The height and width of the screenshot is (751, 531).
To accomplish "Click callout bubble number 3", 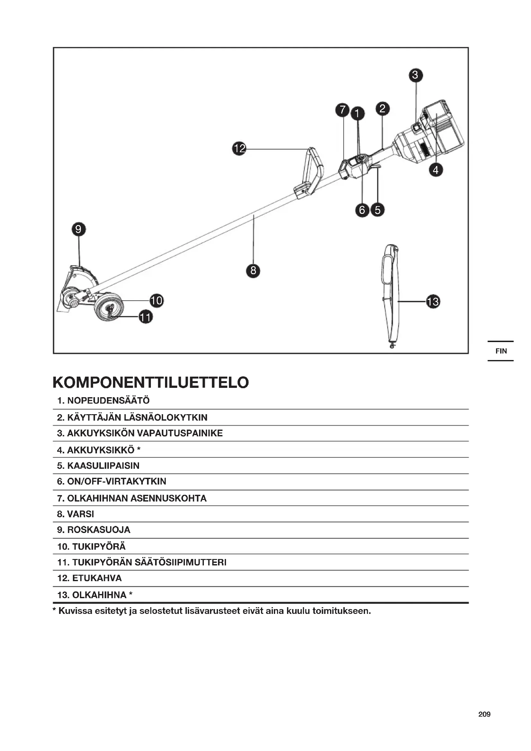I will (415, 75).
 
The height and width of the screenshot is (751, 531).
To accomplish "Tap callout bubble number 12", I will (239, 149).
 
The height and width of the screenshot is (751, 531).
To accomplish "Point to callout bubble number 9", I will (78, 229).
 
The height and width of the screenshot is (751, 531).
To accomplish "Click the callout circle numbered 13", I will (433, 301).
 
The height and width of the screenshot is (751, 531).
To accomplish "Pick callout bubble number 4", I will (436, 170).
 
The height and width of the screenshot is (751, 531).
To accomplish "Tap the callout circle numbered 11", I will (145, 317).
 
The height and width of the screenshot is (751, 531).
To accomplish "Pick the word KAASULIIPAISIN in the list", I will (103, 466).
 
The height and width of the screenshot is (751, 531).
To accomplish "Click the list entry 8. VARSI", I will (75, 514).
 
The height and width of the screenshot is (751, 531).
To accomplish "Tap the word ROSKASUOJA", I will (99, 530).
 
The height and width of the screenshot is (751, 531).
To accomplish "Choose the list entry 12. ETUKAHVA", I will (90, 578).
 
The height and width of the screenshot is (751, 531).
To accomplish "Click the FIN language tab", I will (501, 351).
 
